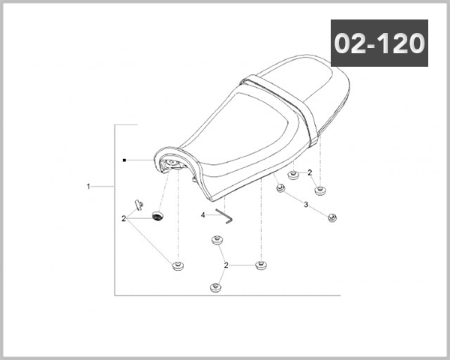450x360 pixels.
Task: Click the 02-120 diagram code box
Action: click(x=379, y=43)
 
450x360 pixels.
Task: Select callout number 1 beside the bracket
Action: click(x=88, y=187)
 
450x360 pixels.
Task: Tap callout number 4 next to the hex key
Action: click(x=203, y=215)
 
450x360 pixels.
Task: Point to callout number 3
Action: click(x=306, y=205)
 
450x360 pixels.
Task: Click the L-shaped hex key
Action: click(x=225, y=216)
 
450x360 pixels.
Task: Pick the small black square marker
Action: click(x=124, y=160)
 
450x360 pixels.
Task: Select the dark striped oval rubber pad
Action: click(x=157, y=216)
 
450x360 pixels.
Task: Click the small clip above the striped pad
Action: click(x=139, y=205)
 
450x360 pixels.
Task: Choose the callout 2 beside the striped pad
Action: click(x=124, y=219)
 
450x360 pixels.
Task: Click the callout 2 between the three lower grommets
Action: click(x=226, y=265)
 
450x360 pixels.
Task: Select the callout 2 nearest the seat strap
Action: click(x=310, y=172)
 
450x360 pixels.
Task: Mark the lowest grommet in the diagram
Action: click(x=215, y=287)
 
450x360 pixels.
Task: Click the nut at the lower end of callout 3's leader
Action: click(x=332, y=217)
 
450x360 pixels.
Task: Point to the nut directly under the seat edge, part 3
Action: click(x=280, y=188)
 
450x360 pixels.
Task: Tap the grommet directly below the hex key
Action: click(x=217, y=240)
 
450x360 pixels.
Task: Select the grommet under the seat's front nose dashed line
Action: click(x=178, y=265)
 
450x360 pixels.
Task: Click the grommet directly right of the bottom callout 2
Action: click(x=261, y=265)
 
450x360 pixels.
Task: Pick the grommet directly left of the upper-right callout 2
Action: click(x=293, y=175)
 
